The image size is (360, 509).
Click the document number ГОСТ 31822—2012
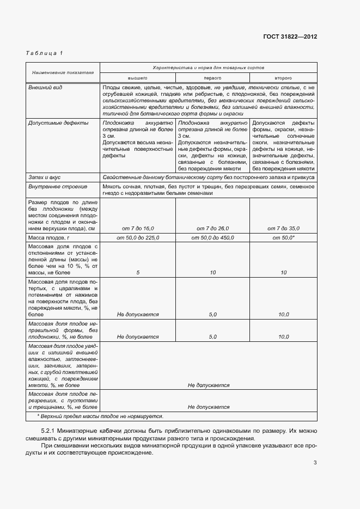tap(290, 36)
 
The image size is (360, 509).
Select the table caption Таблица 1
tap(44, 53)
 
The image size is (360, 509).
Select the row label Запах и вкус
tap(45, 177)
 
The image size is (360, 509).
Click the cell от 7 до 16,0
tap(138, 229)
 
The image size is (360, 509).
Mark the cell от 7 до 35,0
tap(283, 229)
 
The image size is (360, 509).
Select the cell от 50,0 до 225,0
tap(138, 238)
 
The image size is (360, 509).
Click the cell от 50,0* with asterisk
tap(283, 238)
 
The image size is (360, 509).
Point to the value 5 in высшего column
tap(138, 272)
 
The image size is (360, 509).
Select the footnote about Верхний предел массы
tap(100, 416)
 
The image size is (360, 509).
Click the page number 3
tap(315, 463)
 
